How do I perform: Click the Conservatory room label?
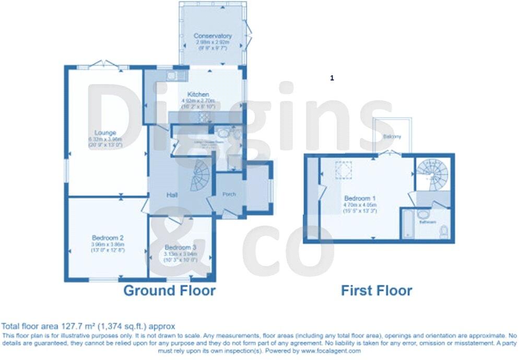point(213,36)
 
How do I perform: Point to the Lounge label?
point(105,133)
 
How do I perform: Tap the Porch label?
point(229,194)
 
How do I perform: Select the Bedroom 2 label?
point(106,238)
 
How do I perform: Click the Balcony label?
point(392,137)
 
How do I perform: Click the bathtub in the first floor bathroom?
point(406,224)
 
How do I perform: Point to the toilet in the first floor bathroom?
point(444,230)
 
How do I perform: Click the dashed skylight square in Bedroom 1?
point(344,170)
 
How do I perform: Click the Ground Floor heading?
point(169,291)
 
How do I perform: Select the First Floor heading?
point(376,291)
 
